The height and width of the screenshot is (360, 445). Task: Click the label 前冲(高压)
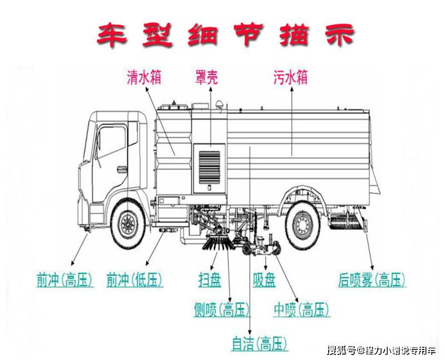[63, 280]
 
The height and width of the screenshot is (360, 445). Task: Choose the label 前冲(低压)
[135, 280]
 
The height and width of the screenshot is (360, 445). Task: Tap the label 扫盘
[209, 280]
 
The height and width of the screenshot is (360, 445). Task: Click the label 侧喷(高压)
[221, 309]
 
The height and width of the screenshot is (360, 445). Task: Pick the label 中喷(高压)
[301, 309]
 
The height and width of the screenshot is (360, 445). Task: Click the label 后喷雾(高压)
[372, 280]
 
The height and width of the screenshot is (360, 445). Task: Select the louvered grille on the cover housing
[209, 164]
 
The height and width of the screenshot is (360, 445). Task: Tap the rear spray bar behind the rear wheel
[348, 224]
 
